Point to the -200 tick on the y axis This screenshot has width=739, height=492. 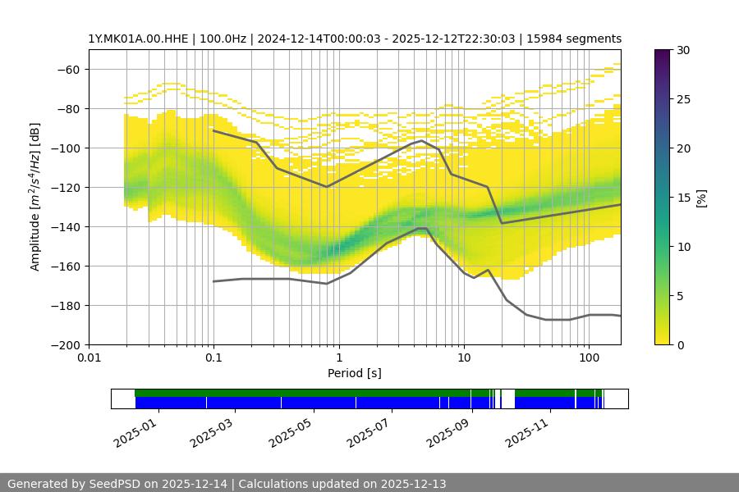tap(67, 344)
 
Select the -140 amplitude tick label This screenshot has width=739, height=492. tap(67, 226)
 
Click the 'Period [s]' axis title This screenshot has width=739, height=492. tap(355, 373)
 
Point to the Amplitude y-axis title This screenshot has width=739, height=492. tap(35, 197)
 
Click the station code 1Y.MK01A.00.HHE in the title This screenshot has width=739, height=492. tap(139, 39)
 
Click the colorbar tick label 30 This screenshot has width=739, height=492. tap(683, 50)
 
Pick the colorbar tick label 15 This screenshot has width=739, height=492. tap(683, 198)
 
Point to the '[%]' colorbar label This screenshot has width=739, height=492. tap(701, 197)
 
